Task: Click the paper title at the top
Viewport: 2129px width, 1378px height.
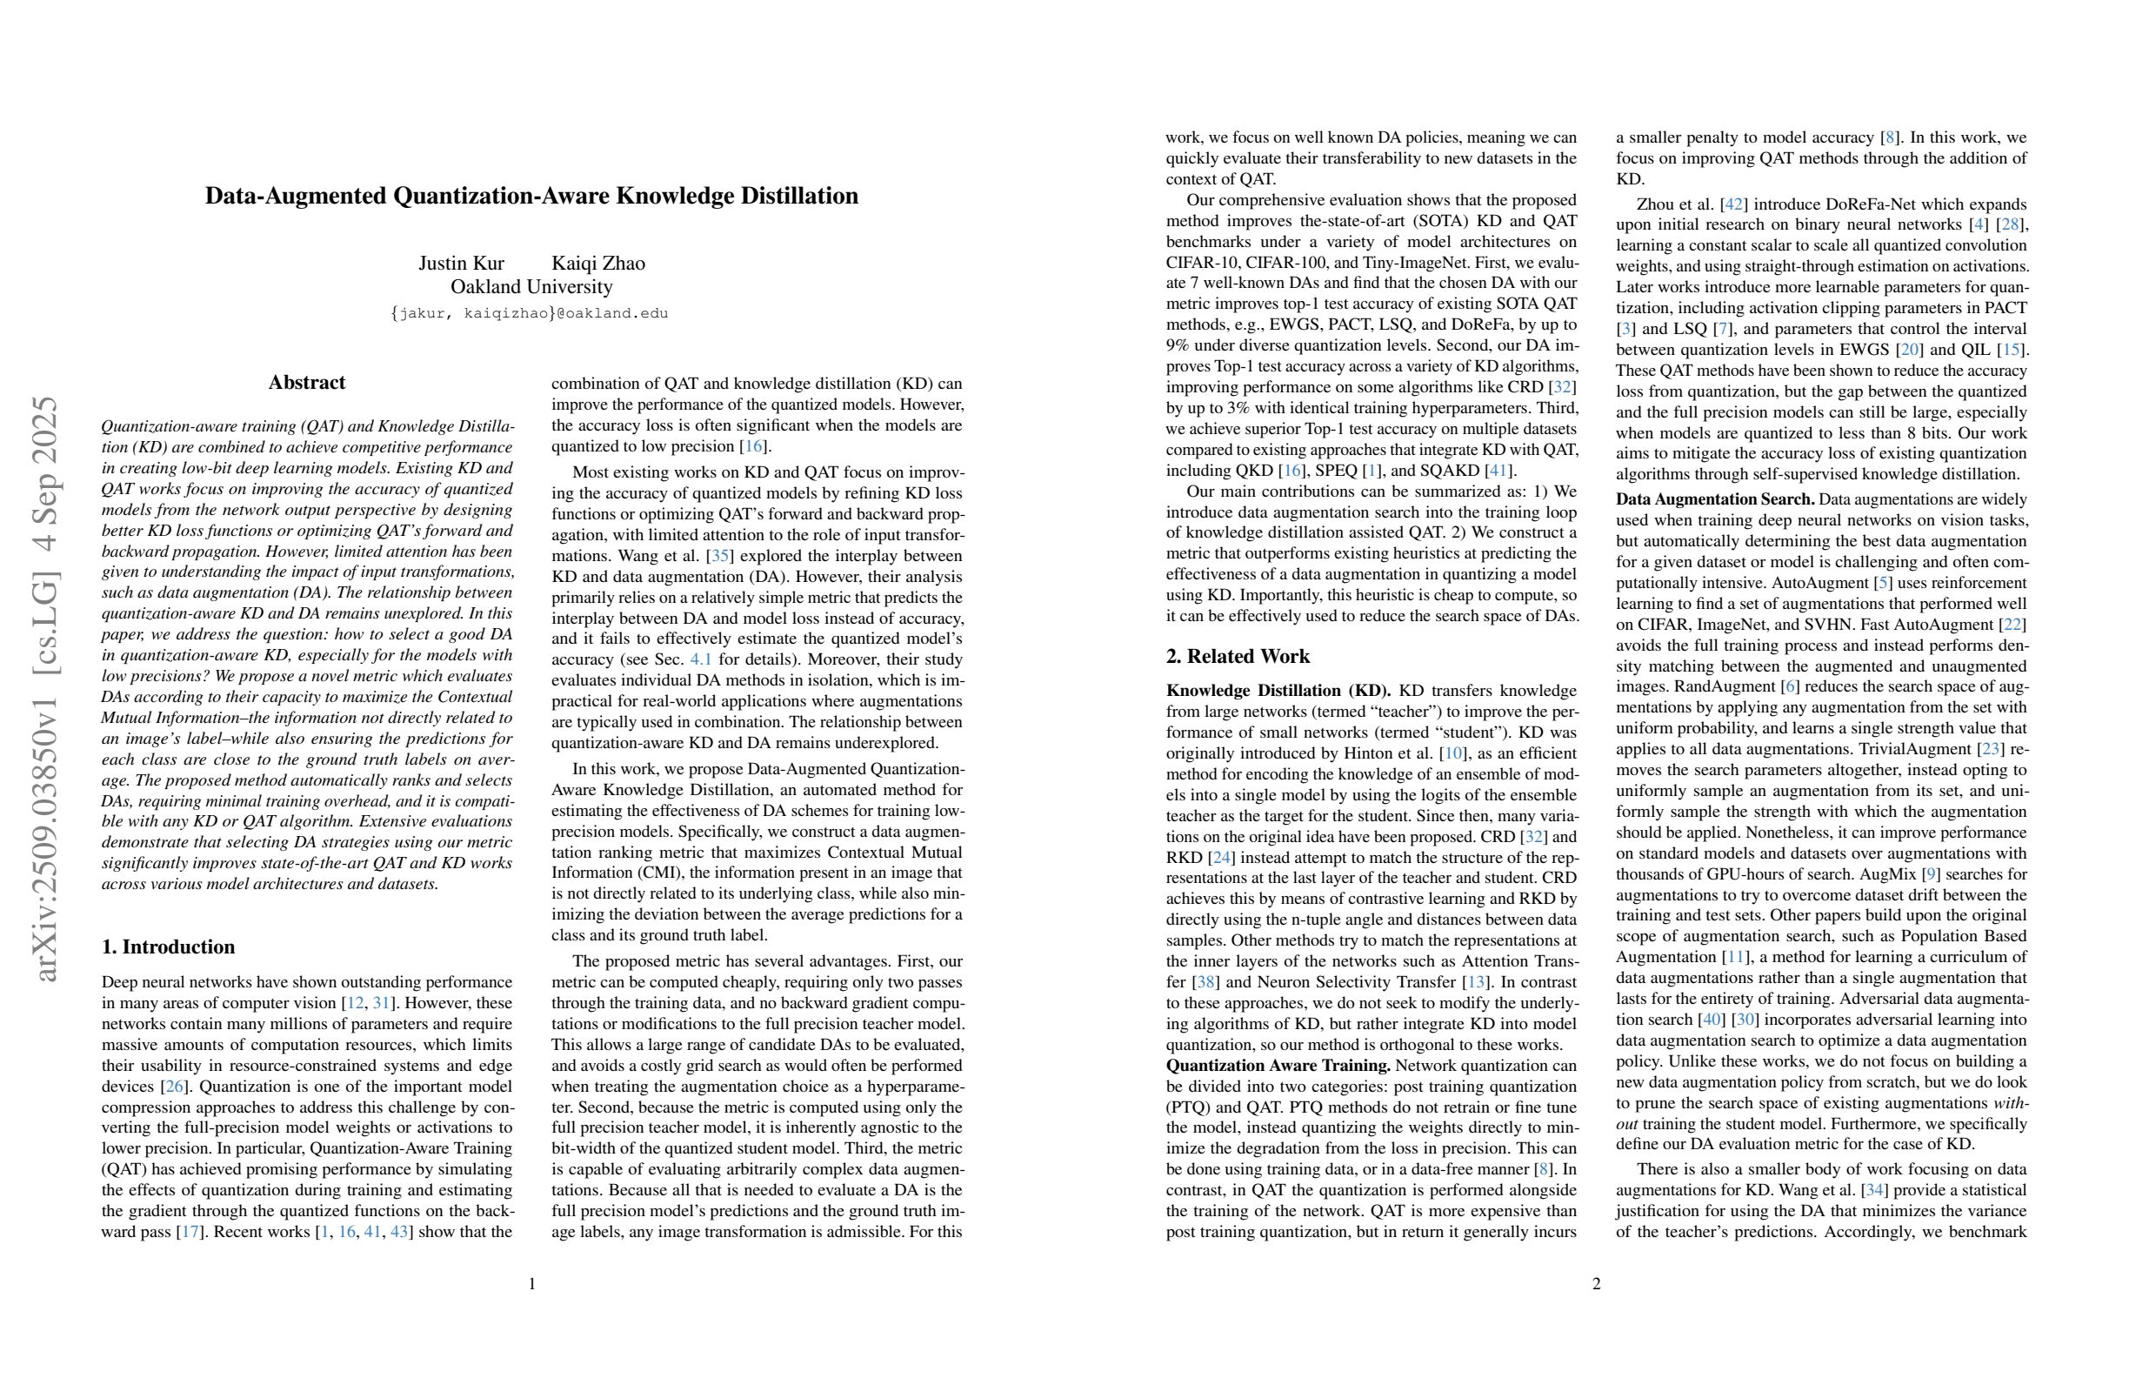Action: click(x=531, y=196)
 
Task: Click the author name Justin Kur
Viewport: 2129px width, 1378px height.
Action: click(x=461, y=263)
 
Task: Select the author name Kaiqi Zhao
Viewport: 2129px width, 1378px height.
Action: click(x=597, y=263)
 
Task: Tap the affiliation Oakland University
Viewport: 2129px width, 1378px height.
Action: click(x=531, y=287)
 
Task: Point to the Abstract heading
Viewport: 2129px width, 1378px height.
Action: click(x=307, y=383)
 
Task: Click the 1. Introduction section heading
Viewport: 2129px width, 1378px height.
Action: click(x=168, y=947)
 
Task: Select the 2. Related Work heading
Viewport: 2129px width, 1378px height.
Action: click(x=1238, y=656)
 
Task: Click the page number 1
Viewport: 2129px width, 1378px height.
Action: click(x=532, y=1284)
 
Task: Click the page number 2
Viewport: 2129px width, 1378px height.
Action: click(x=1596, y=1284)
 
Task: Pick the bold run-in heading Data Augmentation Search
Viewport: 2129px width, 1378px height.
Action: click(x=1714, y=499)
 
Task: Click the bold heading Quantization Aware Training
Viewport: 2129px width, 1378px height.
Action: click(x=1278, y=1066)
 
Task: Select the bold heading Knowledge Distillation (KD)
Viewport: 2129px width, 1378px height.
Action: click(x=1278, y=691)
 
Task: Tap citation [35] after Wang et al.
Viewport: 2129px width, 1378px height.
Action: click(x=719, y=556)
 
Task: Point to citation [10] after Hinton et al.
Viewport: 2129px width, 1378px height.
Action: click(x=1452, y=753)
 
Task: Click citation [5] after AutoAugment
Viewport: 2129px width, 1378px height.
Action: click(x=1877, y=583)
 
